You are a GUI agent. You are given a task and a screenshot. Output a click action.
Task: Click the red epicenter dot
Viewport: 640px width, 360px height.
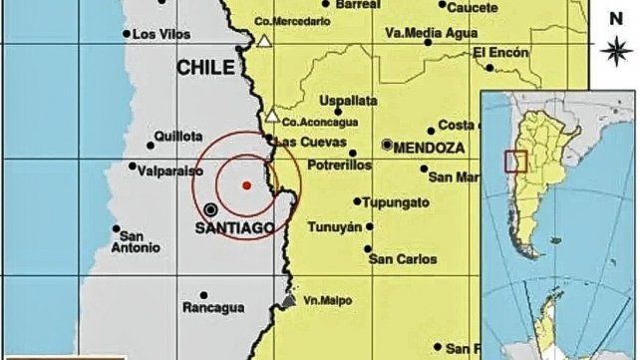246,183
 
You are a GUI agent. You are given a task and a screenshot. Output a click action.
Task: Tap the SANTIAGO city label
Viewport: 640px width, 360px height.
235,227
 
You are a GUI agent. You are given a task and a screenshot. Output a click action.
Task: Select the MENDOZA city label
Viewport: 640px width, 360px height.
430,147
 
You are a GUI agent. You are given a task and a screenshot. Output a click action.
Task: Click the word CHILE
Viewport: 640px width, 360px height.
206,68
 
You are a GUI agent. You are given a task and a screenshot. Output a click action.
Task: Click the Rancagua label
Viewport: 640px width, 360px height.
212,308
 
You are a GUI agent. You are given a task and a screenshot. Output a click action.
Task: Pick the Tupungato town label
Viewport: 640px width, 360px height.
396,202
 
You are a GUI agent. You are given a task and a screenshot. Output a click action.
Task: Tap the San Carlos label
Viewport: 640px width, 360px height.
403,259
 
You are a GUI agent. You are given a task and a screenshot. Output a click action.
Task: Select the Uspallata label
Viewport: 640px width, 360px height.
348,101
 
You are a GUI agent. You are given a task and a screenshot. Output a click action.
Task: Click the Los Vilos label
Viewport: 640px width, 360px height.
160,34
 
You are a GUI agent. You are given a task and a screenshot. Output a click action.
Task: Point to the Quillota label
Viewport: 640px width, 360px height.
177,137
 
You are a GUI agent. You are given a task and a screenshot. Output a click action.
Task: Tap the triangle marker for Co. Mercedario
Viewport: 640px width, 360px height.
264,41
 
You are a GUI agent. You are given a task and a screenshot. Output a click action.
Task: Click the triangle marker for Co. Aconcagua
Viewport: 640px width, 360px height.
271,117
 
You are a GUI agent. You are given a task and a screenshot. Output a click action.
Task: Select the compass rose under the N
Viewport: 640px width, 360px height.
614,47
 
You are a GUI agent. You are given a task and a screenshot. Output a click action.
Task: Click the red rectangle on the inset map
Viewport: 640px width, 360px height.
515,162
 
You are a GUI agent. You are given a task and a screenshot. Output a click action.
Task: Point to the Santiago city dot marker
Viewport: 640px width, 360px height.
211,209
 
